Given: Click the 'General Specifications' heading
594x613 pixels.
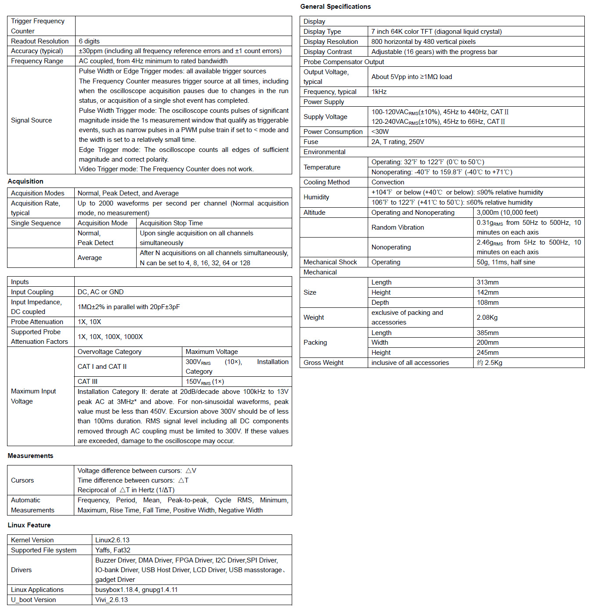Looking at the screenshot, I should tap(335, 7).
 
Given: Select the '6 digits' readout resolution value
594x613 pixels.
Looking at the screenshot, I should tap(89, 41).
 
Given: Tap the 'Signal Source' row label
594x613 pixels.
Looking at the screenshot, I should tap(31, 120).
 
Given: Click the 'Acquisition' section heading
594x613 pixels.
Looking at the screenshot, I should tap(25, 181).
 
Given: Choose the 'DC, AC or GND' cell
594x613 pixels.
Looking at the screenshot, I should tap(101, 292).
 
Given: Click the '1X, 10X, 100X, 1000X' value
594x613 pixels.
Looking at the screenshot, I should tap(110, 337).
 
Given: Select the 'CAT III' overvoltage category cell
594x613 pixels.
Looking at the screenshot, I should tap(87, 382).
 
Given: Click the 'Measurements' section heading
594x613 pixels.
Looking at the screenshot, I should tap(30, 456).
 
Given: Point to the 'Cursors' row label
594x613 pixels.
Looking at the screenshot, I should tap(22, 480).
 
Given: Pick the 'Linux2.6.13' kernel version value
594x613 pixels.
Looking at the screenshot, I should tap(112, 540).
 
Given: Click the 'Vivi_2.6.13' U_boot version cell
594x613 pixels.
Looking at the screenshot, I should tap(112, 600).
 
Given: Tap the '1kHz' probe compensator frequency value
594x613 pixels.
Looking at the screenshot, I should tap(379, 92).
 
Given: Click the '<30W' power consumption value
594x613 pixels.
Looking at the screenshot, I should tap(380, 132).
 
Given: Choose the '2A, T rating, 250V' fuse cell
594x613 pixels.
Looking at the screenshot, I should tap(398, 142).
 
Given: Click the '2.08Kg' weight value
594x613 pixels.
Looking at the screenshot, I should tap(487, 317).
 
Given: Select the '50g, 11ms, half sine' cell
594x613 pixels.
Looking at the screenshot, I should tap(506, 262).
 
